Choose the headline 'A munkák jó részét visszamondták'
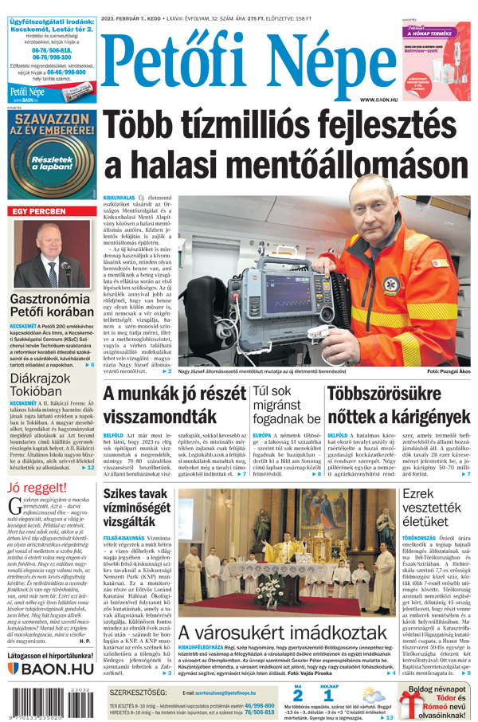[x=171, y=405]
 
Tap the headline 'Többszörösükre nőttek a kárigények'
[x=399, y=405]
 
